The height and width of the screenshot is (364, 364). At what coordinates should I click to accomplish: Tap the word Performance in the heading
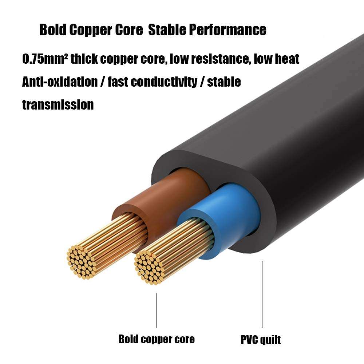(x=227, y=30)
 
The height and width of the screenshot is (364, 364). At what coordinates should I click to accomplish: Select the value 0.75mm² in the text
(x=45, y=59)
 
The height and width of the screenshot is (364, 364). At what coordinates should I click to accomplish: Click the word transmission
(x=58, y=105)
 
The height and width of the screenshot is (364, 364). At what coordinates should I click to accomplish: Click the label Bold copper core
(x=157, y=339)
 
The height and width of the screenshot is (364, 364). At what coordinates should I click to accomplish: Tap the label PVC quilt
(x=261, y=340)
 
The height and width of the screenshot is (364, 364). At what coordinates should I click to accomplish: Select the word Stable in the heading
(x=166, y=30)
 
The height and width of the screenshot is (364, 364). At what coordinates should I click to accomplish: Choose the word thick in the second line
(x=84, y=59)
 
